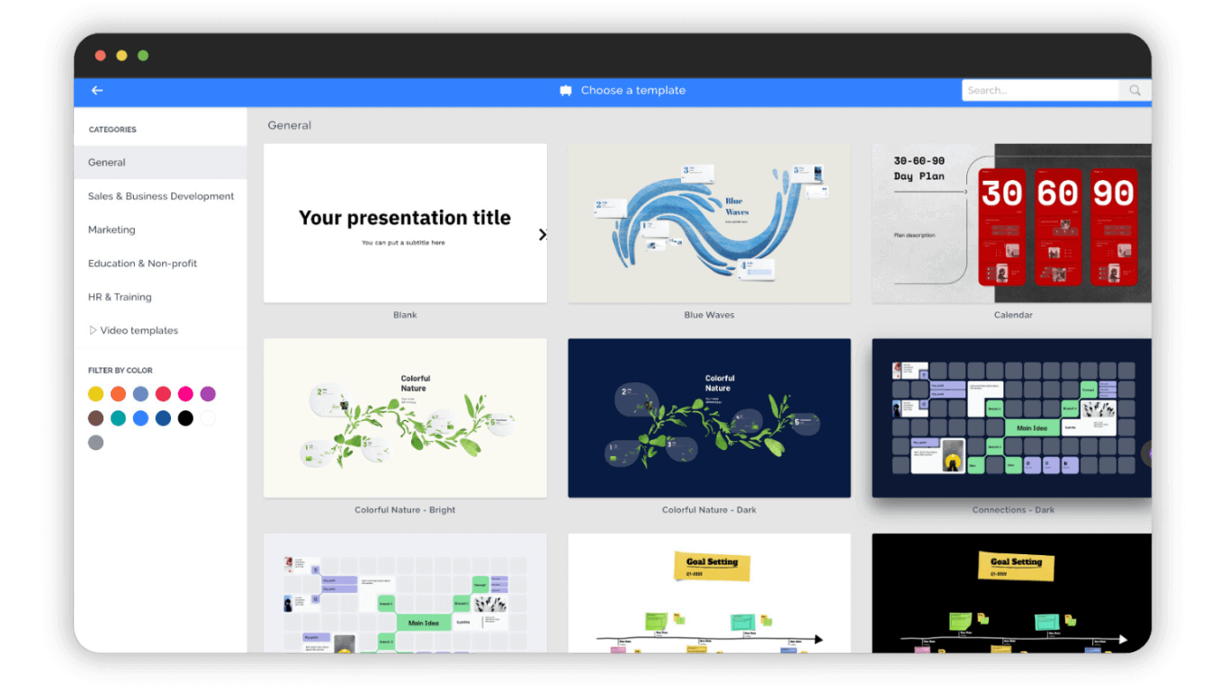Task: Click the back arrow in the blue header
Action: [x=97, y=90]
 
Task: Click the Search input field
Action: [x=1039, y=90]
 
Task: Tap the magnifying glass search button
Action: [x=1135, y=90]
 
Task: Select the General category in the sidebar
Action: [x=107, y=163]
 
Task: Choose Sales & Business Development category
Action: [x=161, y=196]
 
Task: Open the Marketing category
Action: [x=112, y=229]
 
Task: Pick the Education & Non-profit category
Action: [x=142, y=264]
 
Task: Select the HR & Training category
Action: [x=120, y=297]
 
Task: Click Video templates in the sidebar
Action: [x=139, y=330]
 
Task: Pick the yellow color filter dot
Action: [x=95, y=393]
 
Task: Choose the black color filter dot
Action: [x=185, y=417]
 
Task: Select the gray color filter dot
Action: [x=95, y=442]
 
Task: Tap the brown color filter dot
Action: [x=95, y=417]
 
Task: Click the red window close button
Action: [x=101, y=56]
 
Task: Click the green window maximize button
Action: [x=143, y=56]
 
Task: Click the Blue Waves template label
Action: [x=709, y=315]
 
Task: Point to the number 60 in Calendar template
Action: [x=1057, y=193]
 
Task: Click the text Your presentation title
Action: [x=405, y=218]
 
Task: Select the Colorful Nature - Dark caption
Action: [x=709, y=510]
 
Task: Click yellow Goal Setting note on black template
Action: [x=1016, y=564]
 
